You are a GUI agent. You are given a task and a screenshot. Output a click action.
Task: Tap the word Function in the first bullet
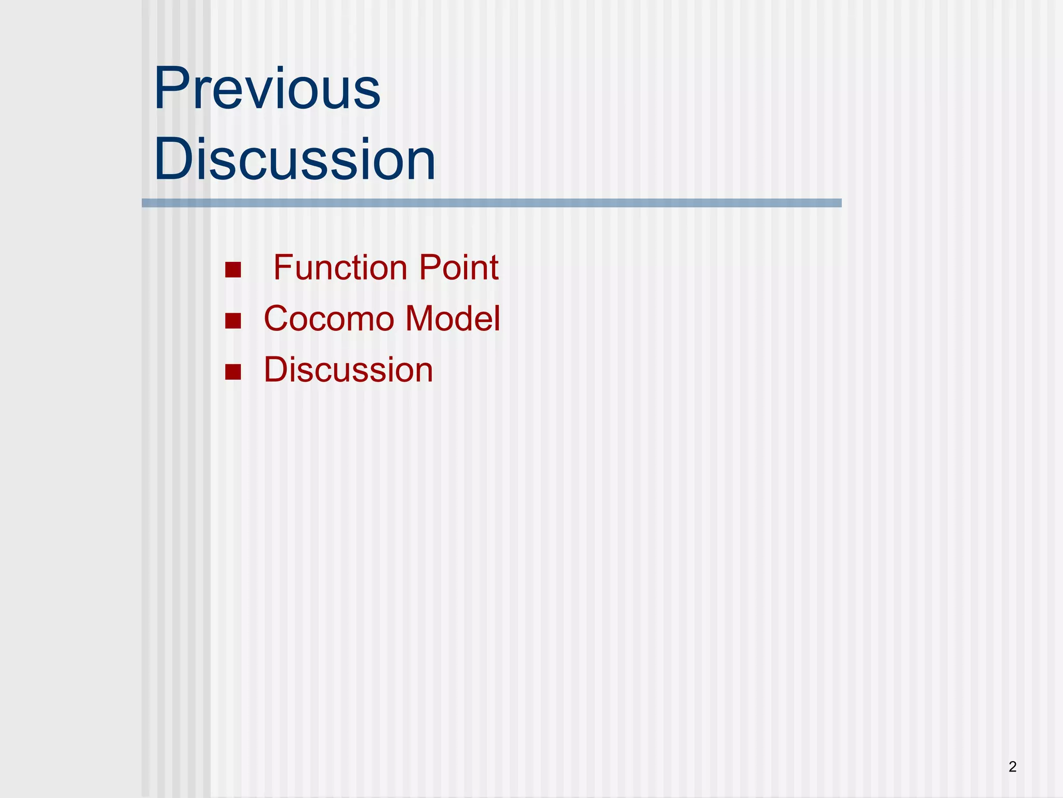click(x=340, y=268)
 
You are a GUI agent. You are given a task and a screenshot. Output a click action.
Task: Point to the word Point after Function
click(x=458, y=268)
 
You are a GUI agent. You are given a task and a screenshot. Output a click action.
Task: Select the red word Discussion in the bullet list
click(x=348, y=370)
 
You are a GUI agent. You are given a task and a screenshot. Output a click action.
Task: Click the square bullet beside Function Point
click(x=233, y=270)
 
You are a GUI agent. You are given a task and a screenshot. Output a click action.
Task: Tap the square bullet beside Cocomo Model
click(x=233, y=321)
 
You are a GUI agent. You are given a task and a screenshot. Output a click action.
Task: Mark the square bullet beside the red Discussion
click(x=233, y=372)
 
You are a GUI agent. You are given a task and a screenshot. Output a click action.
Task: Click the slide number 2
click(x=1012, y=766)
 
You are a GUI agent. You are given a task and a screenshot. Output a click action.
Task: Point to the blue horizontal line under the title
click(x=492, y=203)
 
